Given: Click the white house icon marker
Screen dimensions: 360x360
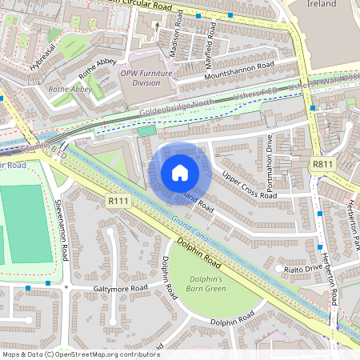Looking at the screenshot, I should [x=180, y=173].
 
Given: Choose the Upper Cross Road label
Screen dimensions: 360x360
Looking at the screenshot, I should [x=249, y=185].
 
